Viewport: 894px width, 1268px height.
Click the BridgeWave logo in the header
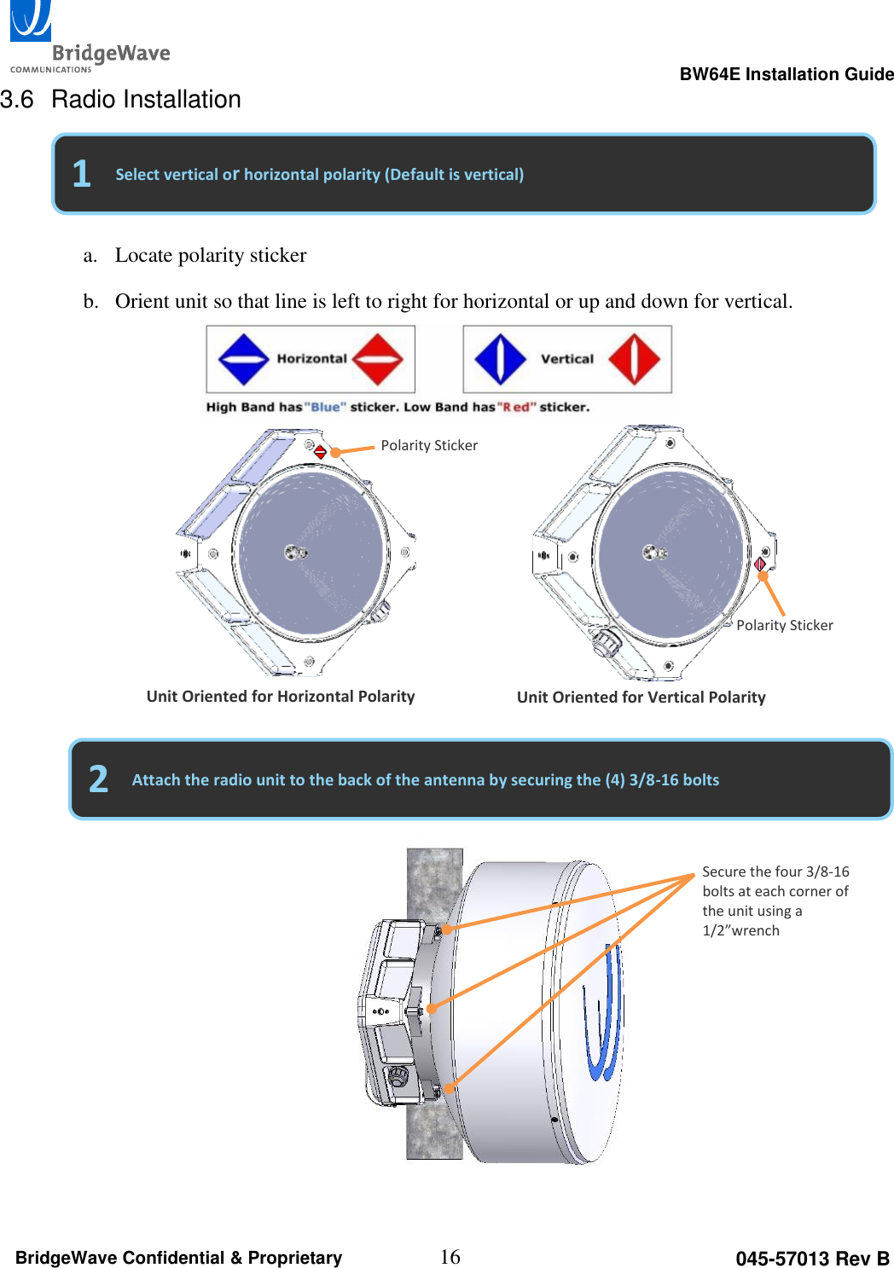click(x=89, y=38)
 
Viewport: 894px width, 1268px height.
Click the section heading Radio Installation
click(x=146, y=100)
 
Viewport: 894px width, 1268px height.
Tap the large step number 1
click(x=81, y=174)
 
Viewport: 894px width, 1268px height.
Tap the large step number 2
click(x=98, y=779)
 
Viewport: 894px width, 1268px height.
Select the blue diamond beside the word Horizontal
click(x=244, y=359)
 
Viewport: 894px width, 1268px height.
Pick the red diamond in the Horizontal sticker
click(x=377, y=359)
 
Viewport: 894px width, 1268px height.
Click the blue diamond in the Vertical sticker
click(x=500, y=359)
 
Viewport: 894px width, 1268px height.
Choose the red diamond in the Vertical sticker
click(x=634, y=359)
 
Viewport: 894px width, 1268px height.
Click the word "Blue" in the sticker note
click(x=325, y=407)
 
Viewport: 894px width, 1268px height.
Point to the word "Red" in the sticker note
click(x=516, y=407)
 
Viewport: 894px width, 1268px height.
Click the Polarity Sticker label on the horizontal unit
click(x=429, y=445)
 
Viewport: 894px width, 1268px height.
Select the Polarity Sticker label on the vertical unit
click(x=785, y=625)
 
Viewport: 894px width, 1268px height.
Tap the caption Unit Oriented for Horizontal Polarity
click(x=281, y=697)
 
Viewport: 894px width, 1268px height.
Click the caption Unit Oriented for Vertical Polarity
click(x=641, y=698)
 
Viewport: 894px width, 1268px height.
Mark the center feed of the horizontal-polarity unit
click(x=295, y=553)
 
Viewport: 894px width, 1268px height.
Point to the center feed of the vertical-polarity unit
click(x=654, y=553)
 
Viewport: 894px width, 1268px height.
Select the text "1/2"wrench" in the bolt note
click(x=740, y=930)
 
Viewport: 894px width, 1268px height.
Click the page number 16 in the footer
click(x=450, y=1257)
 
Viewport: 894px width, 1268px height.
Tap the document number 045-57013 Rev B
click(x=812, y=1259)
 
